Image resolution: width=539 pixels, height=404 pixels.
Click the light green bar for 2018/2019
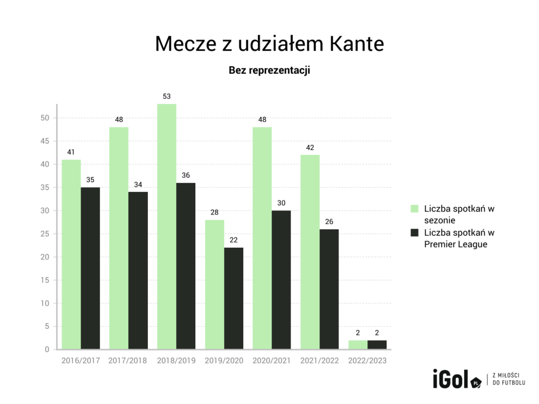coord(166,226)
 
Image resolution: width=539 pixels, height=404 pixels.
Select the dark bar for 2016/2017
coord(91,268)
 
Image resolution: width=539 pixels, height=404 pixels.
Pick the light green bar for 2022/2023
coord(357,345)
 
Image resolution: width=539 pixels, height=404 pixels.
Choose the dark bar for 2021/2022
coord(329,289)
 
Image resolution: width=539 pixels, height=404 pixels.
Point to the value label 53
coord(166,96)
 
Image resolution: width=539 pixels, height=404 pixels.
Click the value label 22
coord(234,240)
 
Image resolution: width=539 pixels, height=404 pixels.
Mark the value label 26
coord(329,221)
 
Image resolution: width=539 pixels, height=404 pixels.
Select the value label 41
coord(71,152)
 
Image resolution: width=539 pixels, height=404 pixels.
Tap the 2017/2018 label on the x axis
coord(128,361)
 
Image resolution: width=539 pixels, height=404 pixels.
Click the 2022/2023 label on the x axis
coord(367,361)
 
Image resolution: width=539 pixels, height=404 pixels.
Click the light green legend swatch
coord(414,209)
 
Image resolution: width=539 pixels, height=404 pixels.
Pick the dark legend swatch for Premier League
coord(414,233)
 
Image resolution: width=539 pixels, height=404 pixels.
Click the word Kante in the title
coord(356,45)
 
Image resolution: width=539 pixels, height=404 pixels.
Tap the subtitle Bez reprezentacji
coord(269,70)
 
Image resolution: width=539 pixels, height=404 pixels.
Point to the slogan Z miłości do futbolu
coord(508,379)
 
